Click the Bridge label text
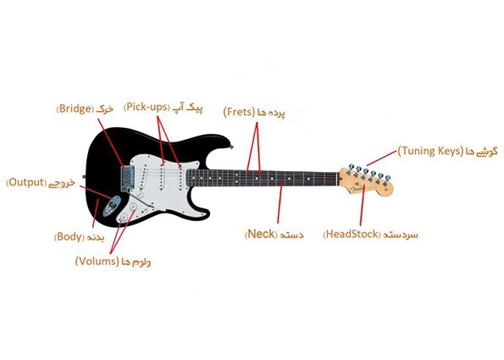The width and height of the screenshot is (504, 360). coord(85,108)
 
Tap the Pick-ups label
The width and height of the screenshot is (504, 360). coord(163,108)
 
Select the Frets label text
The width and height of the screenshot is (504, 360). coord(254,113)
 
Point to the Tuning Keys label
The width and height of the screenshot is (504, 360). coord(447,152)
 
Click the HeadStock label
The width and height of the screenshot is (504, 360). coord(370,235)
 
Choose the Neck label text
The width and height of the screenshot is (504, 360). coord(274,234)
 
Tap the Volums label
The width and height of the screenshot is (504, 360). coord(113,262)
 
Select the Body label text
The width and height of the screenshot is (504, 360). coord(79,237)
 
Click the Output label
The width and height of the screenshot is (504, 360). coord(41,183)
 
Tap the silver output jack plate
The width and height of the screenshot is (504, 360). coord(112,206)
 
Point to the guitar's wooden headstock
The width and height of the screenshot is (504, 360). coord(366,181)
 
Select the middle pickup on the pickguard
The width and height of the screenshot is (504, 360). coord(163,176)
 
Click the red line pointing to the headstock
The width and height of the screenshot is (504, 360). coord(363,205)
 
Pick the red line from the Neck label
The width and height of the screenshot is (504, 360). coord(280,202)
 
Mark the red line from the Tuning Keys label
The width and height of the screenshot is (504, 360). coord(381,158)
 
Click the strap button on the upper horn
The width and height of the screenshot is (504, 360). coord(231,147)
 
